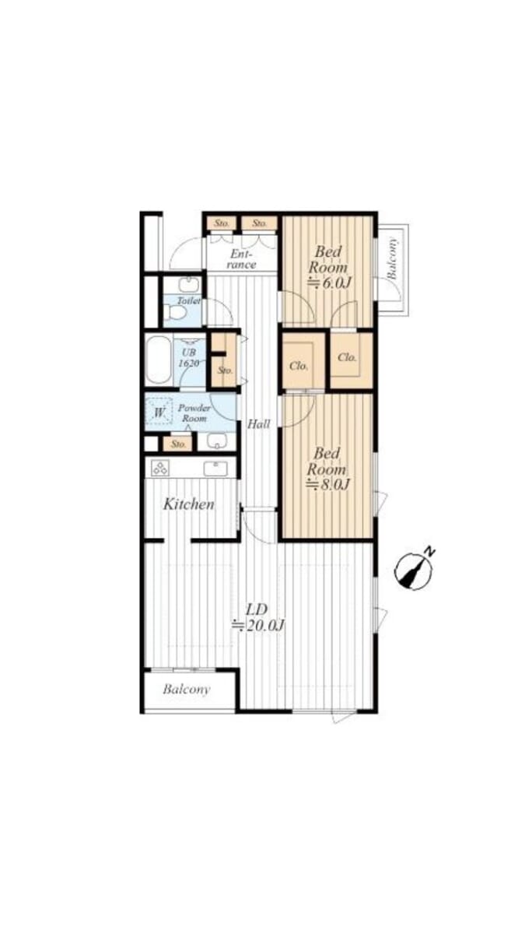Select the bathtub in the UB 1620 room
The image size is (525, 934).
[159, 360]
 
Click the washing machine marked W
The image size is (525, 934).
[159, 412]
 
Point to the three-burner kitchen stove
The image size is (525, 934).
[160, 469]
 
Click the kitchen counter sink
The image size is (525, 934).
[215, 469]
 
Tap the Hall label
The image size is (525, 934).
[259, 424]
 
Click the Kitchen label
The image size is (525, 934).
[189, 504]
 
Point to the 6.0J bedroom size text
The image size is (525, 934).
[330, 283]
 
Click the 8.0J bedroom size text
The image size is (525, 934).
[328, 484]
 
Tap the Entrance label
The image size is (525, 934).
[243, 259]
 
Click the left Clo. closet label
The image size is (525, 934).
[299, 366]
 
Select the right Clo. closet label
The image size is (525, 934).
[347, 357]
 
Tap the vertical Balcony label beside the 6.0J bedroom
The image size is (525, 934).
[392, 258]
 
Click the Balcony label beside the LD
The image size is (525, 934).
[186, 690]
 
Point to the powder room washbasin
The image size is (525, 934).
[217, 441]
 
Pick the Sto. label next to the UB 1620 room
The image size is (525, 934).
[225, 370]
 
